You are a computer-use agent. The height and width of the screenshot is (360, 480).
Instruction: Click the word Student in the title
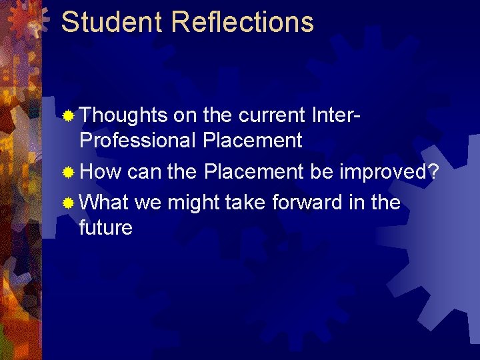[x=111, y=21]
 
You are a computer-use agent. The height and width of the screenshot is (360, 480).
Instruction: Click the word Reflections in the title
[x=242, y=21]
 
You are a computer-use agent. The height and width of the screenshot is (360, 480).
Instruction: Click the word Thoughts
[x=123, y=115]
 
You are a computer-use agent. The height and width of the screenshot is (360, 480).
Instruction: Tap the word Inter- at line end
[x=336, y=115]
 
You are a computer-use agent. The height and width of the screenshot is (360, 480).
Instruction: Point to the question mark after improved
[x=433, y=171]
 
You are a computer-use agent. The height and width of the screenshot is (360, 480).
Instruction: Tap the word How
[x=101, y=171]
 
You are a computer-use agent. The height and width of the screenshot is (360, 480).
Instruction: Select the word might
[x=195, y=201]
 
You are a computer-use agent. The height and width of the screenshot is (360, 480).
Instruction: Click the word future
[x=105, y=228]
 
